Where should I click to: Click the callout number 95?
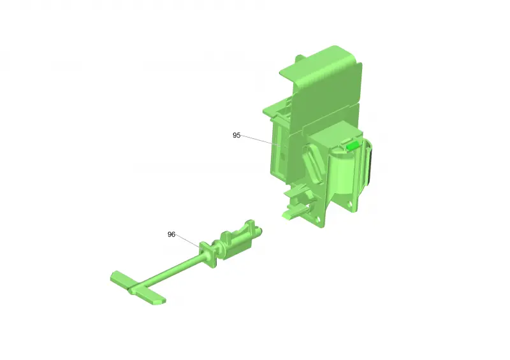pos(237,135)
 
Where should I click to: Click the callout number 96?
pos(171,234)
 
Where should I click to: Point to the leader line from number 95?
pos(257,140)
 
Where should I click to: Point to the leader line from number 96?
pos(188,241)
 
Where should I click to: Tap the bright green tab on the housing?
pos(353,145)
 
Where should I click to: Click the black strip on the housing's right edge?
pos(369,166)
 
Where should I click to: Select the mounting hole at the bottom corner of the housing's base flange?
pos(317,220)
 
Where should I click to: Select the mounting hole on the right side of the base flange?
pos(349,205)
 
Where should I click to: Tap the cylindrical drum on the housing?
pos(343,173)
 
